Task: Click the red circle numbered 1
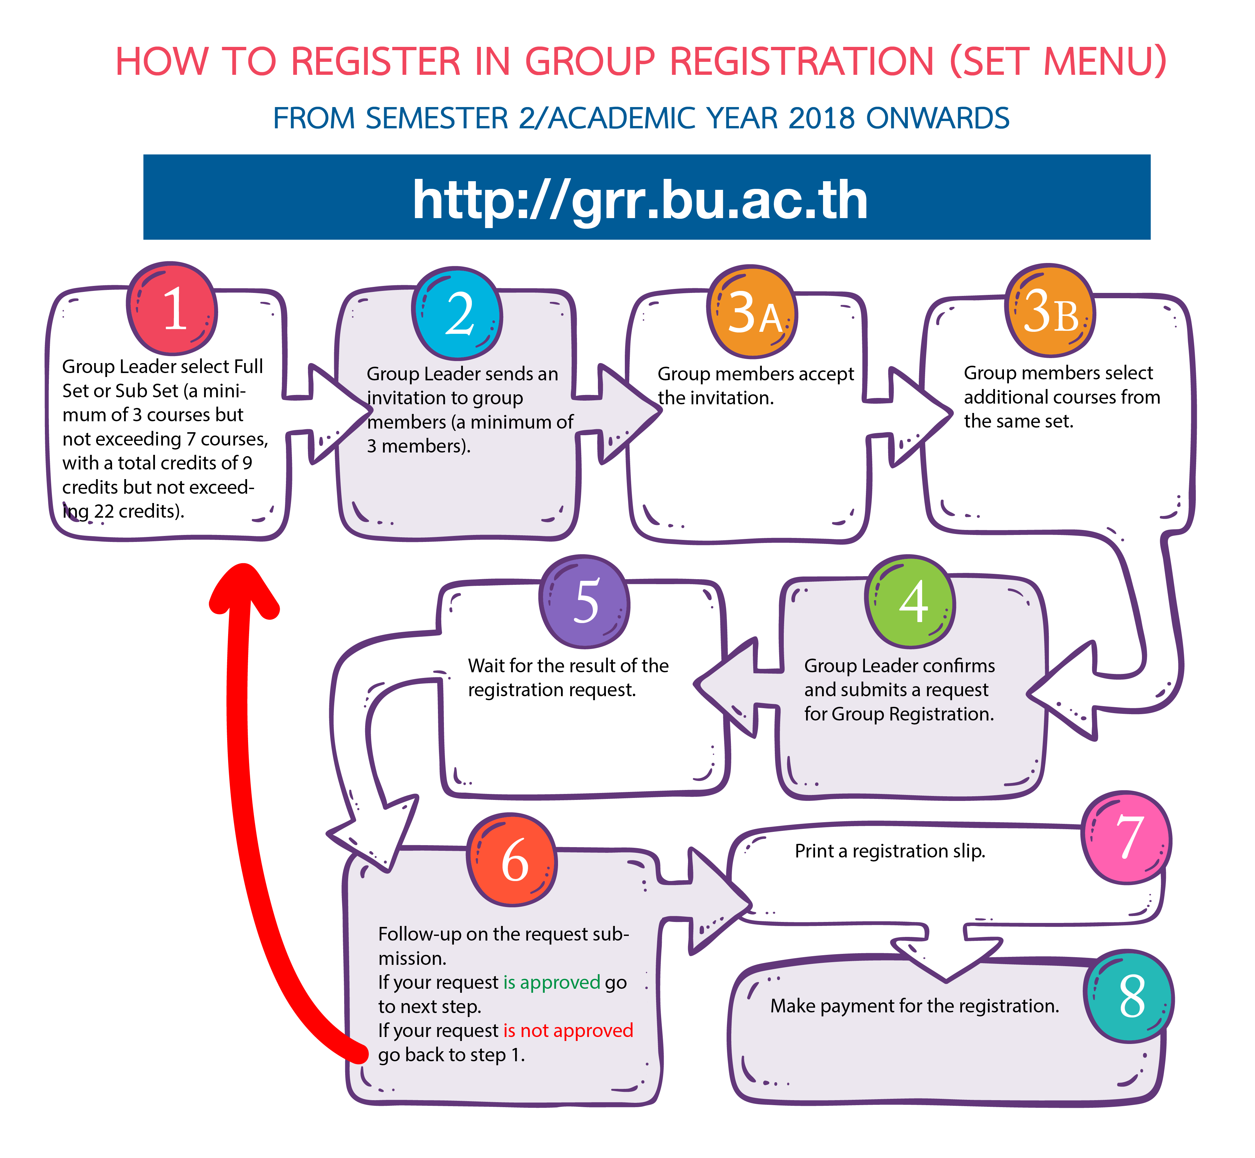(x=172, y=308)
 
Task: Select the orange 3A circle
(x=752, y=312)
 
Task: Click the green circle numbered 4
(x=910, y=601)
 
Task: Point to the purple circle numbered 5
(x=585, y=601)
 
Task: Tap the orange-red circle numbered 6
(x=513, y=860)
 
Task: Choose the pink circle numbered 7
(x=1127, y=838)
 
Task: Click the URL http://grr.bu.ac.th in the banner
(x=640, y=199)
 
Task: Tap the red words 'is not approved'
(x=568, y=1030)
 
